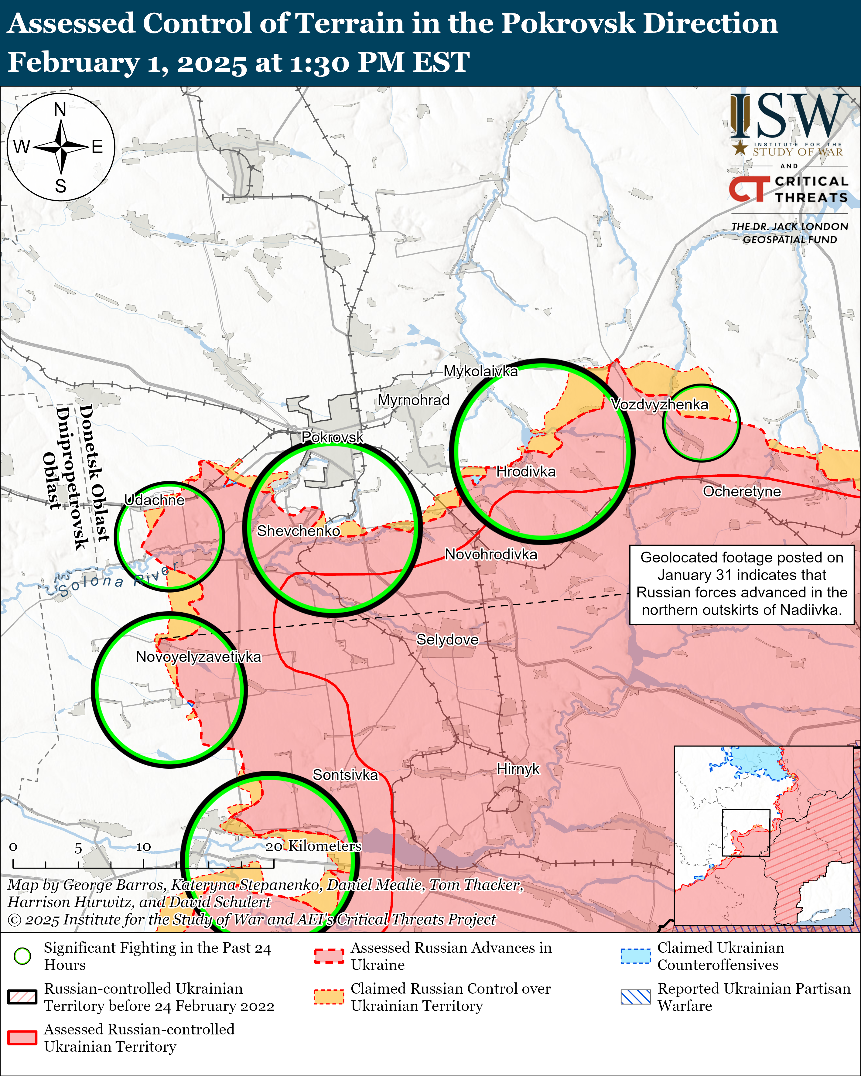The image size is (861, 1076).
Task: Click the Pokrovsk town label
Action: coord(333,437)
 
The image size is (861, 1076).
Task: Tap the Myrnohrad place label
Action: coord(413,400)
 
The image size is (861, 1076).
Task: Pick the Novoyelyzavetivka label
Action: coord(198,657)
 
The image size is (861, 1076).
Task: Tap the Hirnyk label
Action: coord(518,769)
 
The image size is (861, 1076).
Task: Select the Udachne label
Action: coord(154,500)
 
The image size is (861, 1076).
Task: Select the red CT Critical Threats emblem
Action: coord(749,189)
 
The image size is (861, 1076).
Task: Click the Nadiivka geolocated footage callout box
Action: coord(742,584)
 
